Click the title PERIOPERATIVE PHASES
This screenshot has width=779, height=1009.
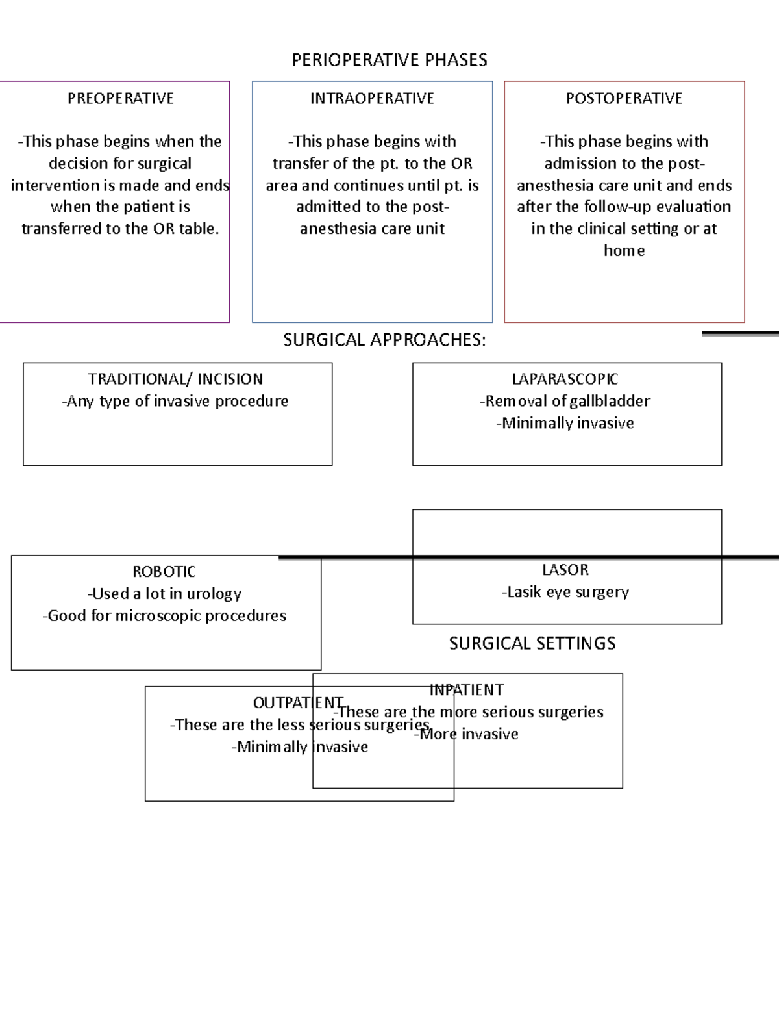tap(389, 60)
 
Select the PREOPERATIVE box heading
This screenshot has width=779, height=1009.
tap(120, 99)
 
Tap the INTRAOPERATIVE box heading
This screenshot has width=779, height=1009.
tap(372, 99)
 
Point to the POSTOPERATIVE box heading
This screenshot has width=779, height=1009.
tap(624, 99)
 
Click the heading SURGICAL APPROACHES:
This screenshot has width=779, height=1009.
tap(384, 340)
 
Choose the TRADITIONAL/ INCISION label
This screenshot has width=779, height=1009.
tap(175, 379)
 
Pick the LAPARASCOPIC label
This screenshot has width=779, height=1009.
tap(565, 379)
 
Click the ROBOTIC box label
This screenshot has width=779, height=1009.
tap(164, 572)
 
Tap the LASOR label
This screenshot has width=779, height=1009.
tap(565, 570)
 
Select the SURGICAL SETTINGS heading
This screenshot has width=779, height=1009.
tap(532, 643)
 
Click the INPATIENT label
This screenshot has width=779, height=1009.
tap(466, 690)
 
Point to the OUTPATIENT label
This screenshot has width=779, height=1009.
tap(298, 703)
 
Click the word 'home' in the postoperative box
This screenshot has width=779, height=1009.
tap(624, 251)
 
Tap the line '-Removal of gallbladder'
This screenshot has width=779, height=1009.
tap(565, 402)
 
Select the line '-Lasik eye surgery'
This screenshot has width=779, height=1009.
tap(565, 593)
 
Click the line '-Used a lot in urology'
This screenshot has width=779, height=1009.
tap(164, 594)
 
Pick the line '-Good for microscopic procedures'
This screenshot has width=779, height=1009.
tap(164, 616)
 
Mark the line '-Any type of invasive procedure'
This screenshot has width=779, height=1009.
tap(175, 402)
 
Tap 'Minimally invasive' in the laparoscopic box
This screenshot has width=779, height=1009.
tap(565, 424)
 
